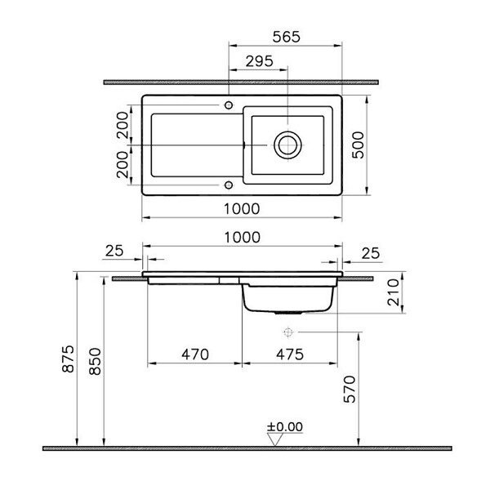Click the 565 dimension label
[287, 37]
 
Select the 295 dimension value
[260, 61]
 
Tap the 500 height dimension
[359, 145]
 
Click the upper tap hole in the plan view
[229, 105]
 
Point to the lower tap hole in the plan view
[229, 185]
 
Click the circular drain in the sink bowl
[287, 145]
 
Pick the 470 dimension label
[195, 354]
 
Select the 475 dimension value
[290, 354]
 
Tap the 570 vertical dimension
[350, 389]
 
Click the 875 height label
[68, 359]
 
